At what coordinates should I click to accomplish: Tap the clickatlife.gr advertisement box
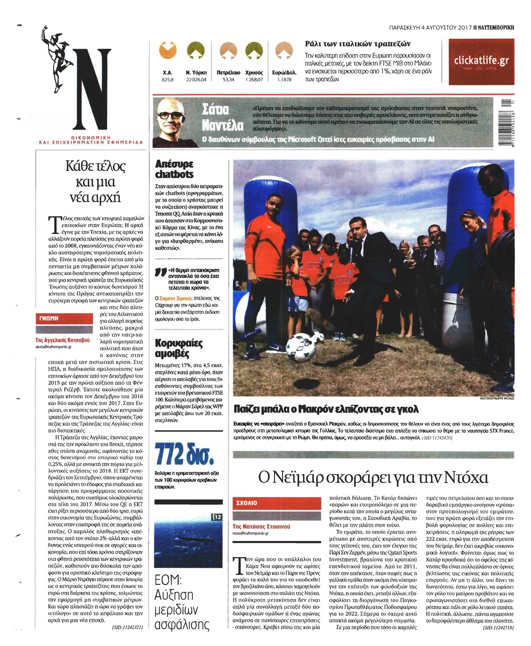(480, 62)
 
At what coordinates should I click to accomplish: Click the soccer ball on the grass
(300, 348)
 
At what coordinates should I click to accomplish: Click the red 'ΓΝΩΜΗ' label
(49, 318)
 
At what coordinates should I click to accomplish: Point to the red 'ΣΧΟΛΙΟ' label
(247, 503)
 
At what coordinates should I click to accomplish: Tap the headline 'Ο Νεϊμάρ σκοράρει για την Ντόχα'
(373, 477)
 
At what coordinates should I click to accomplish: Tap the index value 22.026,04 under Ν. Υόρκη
(196, 80)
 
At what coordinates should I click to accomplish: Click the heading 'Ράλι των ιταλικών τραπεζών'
(359, 43)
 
